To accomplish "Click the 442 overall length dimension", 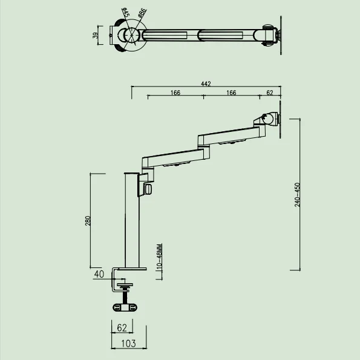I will tap(206, 84).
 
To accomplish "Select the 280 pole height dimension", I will tap(88, 221).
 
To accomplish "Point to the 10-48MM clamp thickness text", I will tap(159, 257).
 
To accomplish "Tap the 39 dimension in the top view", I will tap(96, 34).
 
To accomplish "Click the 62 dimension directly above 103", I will tap(121, 327).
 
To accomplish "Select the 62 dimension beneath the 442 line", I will tap(269, 93).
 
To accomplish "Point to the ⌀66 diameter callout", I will tap(141, 12).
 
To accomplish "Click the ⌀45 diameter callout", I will tap(125, 11).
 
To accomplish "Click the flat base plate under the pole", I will tap(131, 268).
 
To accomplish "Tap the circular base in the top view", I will tap(130, 34).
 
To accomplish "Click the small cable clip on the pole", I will tap(148, 189).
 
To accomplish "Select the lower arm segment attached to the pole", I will tap(172, 159).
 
